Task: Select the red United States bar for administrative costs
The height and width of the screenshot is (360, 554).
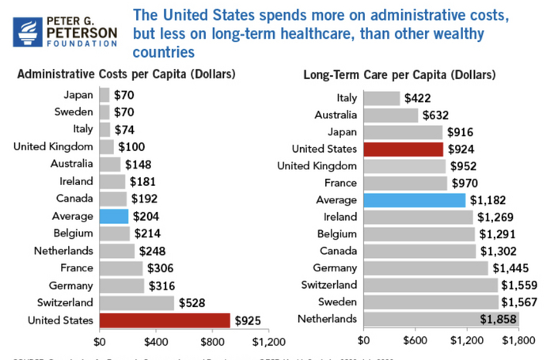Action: [x=165, y=320]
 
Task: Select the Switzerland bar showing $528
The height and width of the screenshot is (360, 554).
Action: [x=137, y=302]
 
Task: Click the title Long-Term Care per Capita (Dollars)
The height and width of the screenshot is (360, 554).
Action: [x=400, y=75]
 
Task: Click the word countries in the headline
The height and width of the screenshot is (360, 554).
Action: [x=163, y=53]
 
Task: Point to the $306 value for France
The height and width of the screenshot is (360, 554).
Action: [x=162, y=268]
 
